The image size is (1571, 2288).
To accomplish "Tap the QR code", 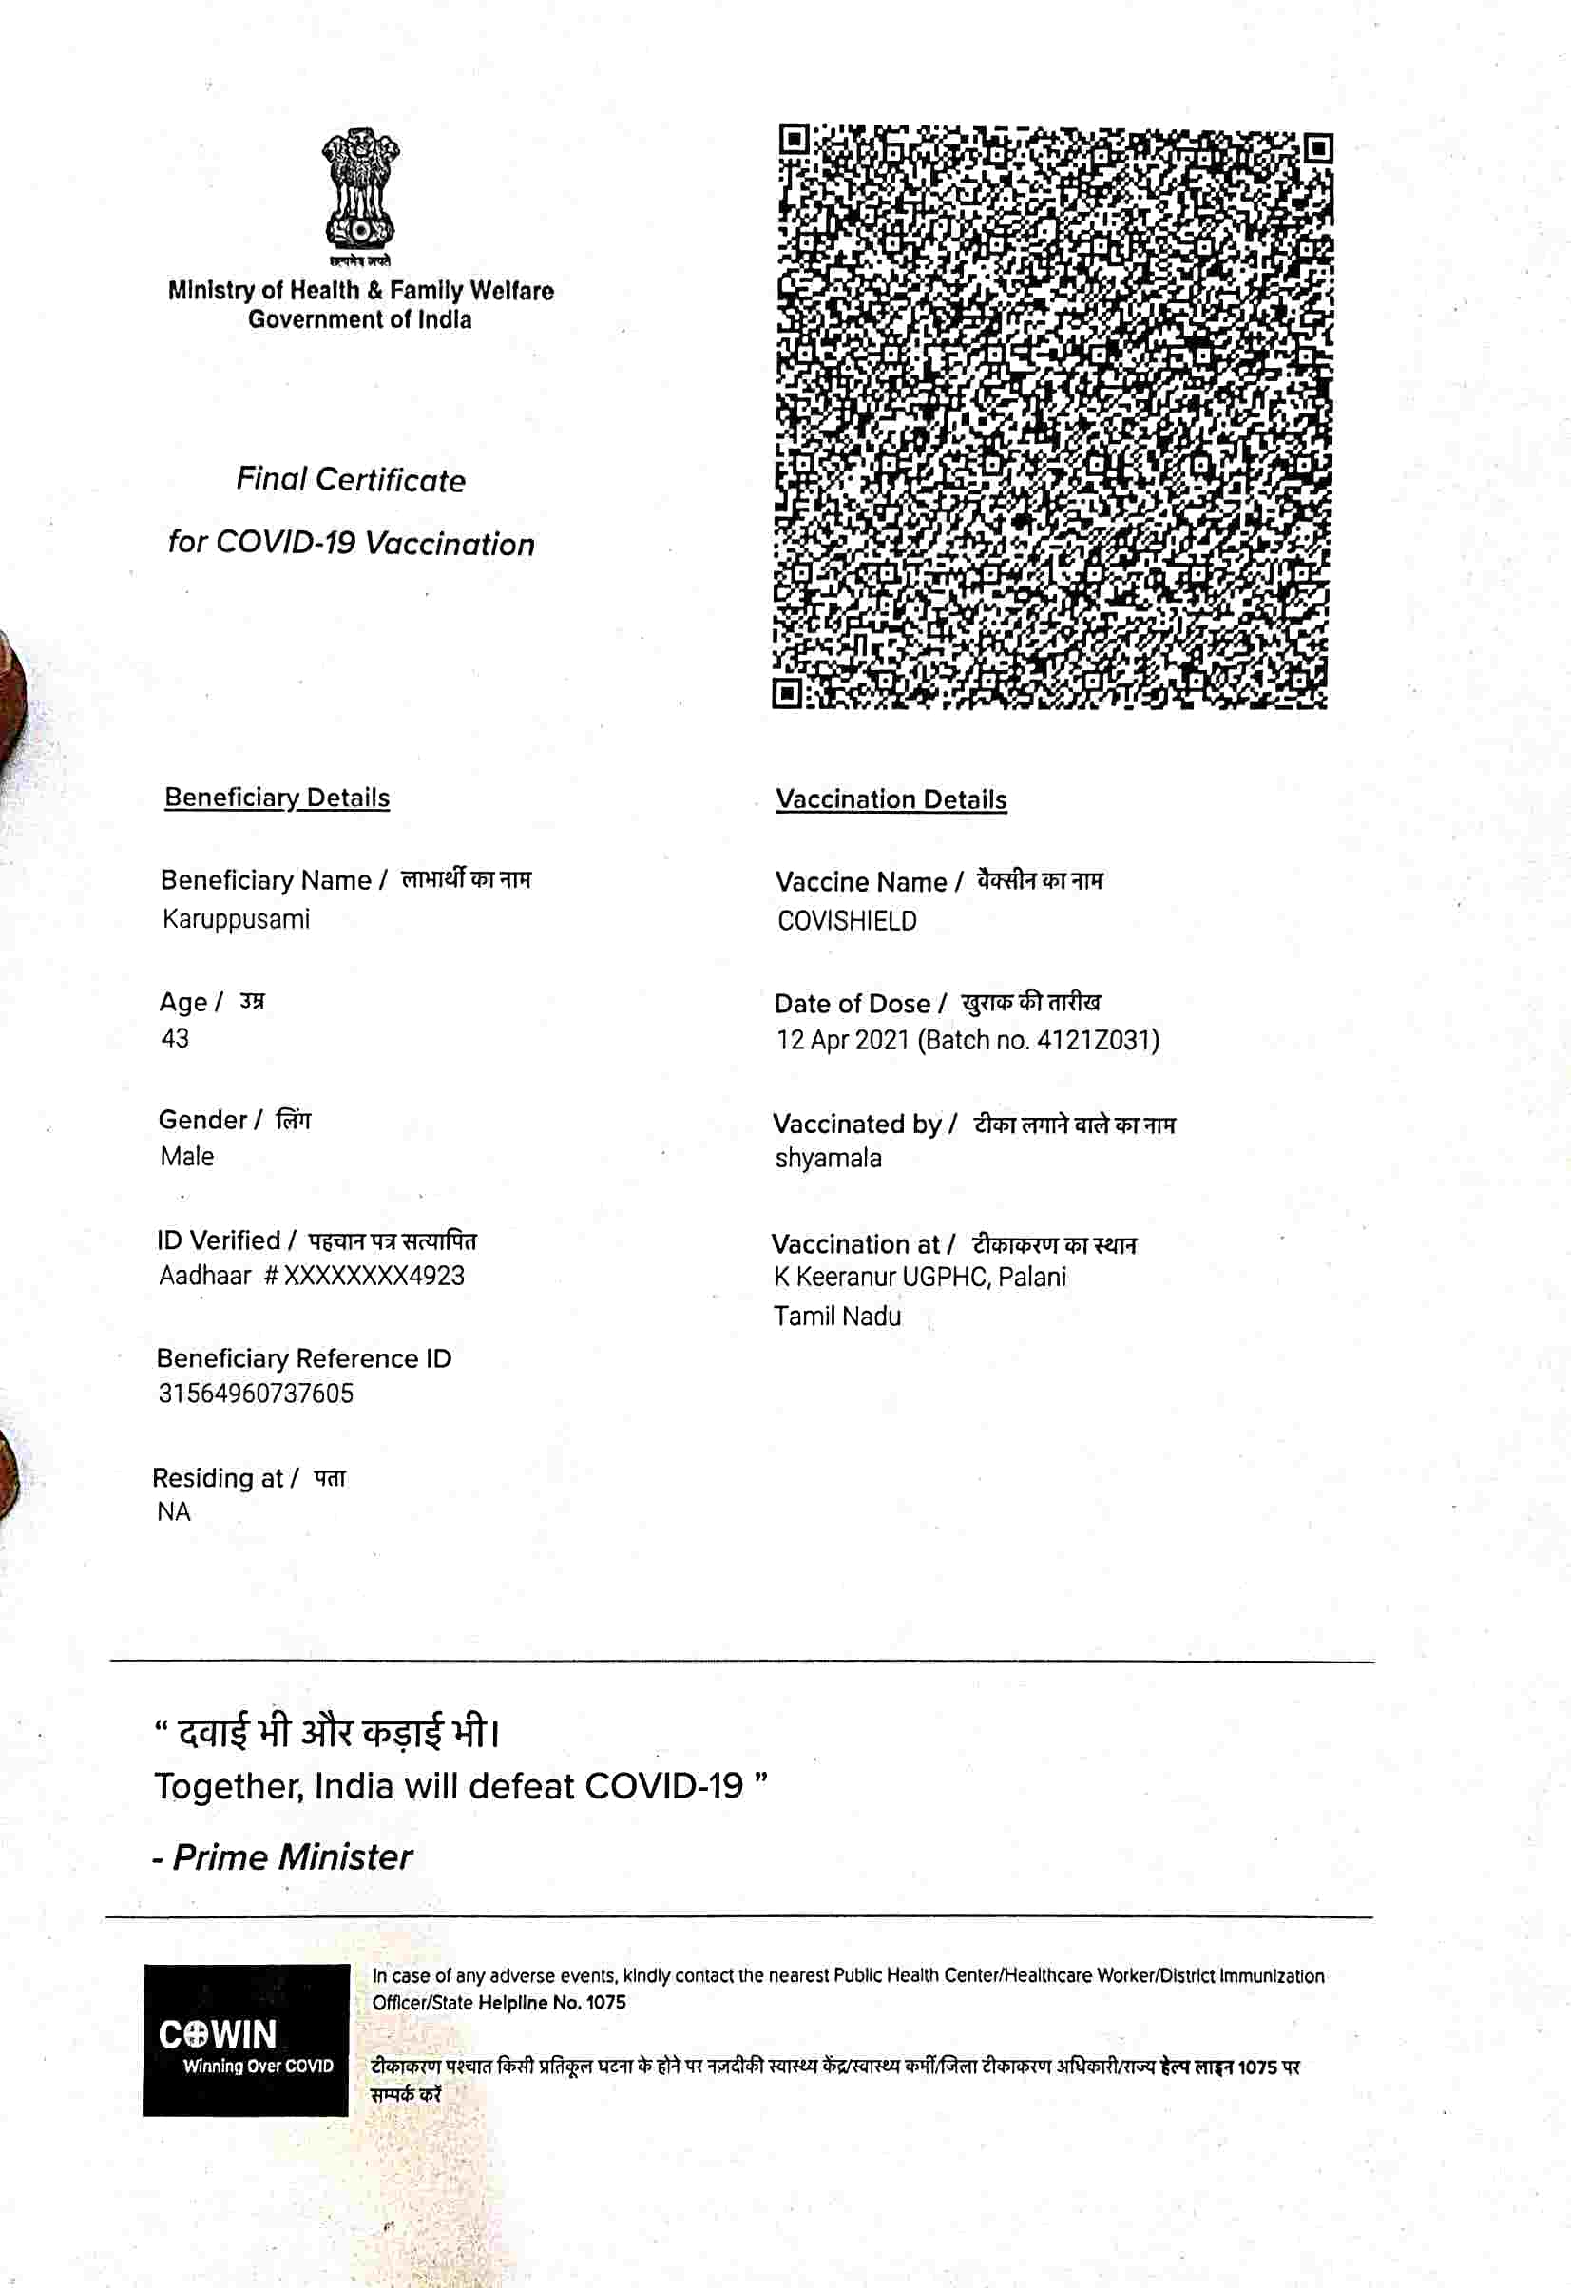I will pos(1051,415).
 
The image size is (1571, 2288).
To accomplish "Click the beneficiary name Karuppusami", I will pos(237,919).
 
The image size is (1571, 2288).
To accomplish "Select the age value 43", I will pos(175,1039).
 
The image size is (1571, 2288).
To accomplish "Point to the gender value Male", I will pos(187,1157).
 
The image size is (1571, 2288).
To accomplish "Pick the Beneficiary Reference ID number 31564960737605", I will pos(256,1394).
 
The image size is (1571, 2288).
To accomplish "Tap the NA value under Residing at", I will pos(173,1512).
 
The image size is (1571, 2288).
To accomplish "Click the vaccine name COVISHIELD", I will pos(847,921).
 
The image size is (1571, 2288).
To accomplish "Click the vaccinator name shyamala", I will pos(828,1159).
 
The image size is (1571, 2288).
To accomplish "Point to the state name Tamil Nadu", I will pos(836,1317).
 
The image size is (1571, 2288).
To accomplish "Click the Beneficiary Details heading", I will pos(277,798).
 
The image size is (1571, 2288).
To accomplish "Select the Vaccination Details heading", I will pos(891,799).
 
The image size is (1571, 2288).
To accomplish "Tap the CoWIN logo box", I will pos(246,2040).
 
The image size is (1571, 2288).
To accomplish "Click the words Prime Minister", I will pos(293,1857).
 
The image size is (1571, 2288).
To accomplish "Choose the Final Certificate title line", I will pos(351,480).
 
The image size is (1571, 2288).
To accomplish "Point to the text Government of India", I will pos(359,320).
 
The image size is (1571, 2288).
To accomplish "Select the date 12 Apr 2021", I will pos(842,1041).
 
